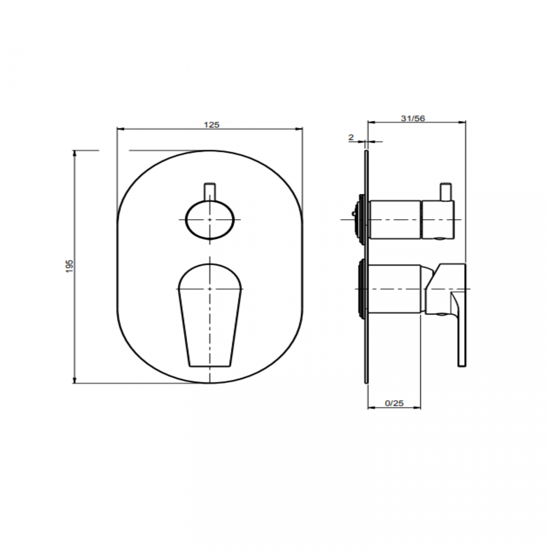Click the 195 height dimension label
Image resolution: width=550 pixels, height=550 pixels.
[70, 266]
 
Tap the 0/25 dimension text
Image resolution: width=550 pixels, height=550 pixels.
[394, 403]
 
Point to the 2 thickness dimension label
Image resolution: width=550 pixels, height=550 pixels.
[351, 137]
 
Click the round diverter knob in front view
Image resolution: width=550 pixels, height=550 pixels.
[210, 220]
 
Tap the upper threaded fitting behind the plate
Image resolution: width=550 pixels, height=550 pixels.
[361, 219]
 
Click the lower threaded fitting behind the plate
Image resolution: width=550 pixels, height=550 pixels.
[361, 289]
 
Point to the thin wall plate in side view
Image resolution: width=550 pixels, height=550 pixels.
[366, 338]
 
